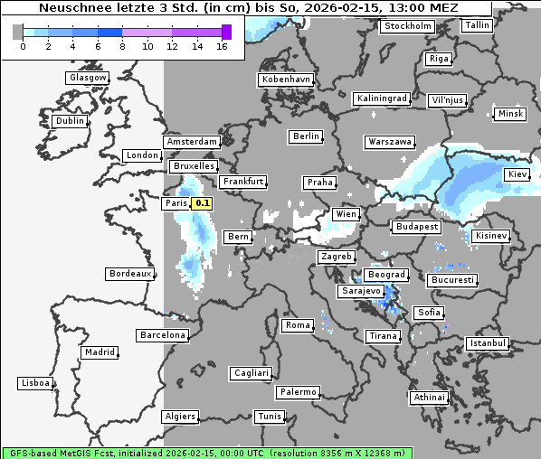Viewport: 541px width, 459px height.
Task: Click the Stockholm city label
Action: [x=407, y=26]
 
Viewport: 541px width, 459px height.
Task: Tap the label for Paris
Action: [x=176, y=203]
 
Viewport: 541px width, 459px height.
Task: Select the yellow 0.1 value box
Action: [x=203, y=203]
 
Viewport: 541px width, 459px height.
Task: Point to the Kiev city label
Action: [x=517, y=173]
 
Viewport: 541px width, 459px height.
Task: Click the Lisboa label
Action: [x=34, y=383]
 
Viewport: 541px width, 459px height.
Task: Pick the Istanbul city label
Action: [x=488, y=343]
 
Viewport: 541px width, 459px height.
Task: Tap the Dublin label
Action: [x=70, y=121]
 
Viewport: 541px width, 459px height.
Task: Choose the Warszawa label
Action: [x=390, y=142]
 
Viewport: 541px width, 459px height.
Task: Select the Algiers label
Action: [x=179, y=417]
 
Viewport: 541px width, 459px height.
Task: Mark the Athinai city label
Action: [x=429, y=398]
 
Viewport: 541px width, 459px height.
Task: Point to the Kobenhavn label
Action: [x=286, y=80]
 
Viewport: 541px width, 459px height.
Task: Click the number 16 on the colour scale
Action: [x=221, y=46]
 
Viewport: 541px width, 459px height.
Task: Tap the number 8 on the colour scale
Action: [x=121, y=46]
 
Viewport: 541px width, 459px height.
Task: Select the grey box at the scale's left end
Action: [x=18, y=32]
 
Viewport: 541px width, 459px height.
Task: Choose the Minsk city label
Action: [x=509, y=114]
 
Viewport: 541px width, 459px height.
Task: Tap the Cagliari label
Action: [x=251, y=373]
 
